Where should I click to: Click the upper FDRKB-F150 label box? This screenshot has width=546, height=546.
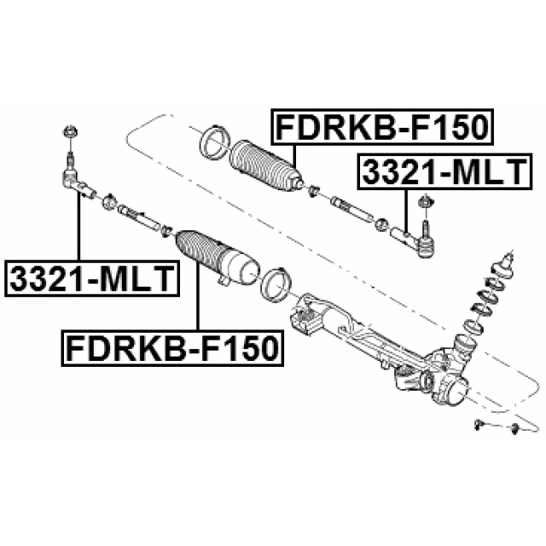[383, 127]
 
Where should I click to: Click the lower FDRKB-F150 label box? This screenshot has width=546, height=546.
[172, 348]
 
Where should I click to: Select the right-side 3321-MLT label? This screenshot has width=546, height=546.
[444, 171]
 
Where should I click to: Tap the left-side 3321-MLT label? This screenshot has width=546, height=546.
[92, 278]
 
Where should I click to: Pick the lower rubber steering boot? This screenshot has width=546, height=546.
[218, 258]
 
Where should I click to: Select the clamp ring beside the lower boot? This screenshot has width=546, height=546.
[276, 284]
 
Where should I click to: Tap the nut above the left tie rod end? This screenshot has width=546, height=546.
[70, 132]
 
